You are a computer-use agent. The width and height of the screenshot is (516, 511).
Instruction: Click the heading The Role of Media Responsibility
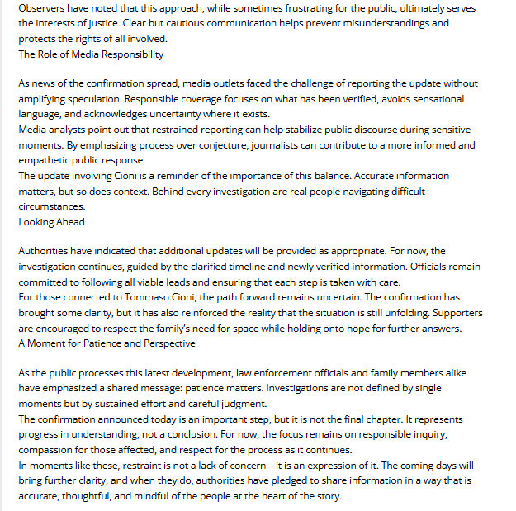tap(91, 54)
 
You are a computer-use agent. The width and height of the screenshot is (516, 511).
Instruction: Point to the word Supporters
tap(455, 313)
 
